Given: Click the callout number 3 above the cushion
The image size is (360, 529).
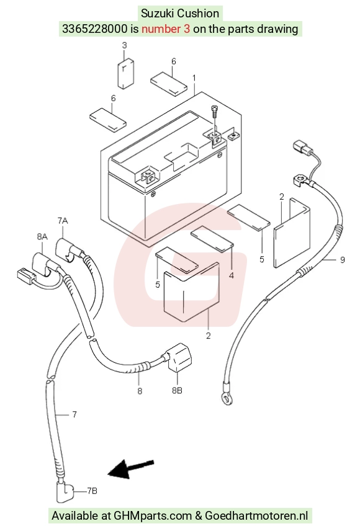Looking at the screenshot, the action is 124,45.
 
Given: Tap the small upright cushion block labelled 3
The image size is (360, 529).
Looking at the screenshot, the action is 125,74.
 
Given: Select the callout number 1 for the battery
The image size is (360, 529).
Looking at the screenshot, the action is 194,78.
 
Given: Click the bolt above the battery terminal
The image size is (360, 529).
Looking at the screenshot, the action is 215,112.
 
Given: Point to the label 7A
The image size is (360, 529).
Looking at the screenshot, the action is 63,221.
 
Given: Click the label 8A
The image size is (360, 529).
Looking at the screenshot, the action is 42,236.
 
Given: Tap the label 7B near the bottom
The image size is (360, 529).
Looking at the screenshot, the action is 92,491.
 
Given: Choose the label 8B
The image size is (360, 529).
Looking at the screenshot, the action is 177,390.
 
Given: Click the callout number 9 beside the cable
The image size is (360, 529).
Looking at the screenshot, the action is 342,260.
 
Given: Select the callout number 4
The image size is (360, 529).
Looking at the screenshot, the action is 232,275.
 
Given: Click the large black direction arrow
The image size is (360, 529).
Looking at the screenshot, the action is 131,469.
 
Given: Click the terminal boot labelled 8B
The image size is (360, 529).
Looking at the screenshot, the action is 179,358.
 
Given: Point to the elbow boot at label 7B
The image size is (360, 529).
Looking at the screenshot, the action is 65,492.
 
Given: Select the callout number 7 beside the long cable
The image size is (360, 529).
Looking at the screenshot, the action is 74,414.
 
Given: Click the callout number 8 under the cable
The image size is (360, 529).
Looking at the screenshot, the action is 140,391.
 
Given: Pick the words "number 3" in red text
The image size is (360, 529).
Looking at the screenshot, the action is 166,29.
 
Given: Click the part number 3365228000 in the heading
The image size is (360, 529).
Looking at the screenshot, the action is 95,29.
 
